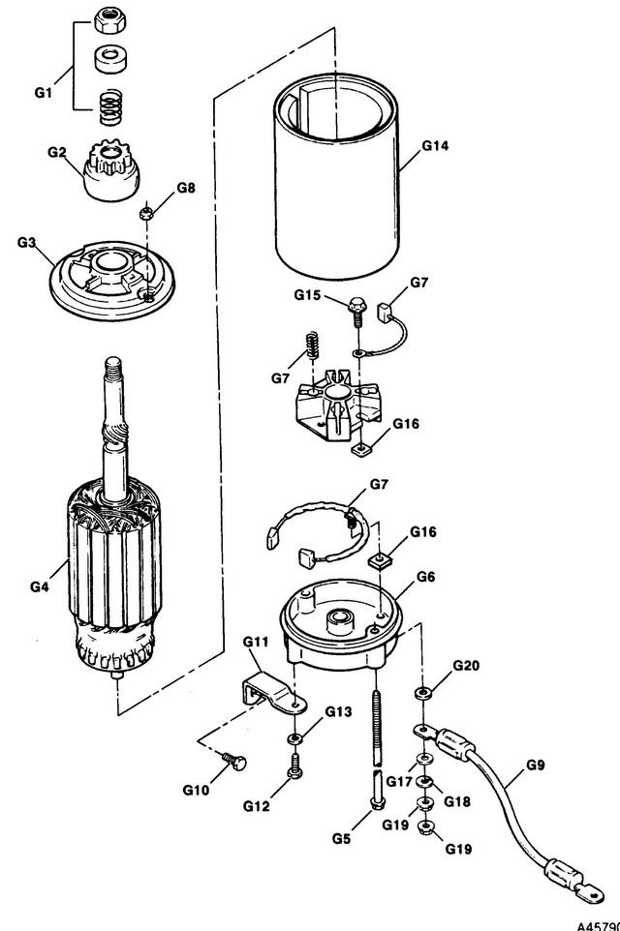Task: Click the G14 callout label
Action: point(435,145)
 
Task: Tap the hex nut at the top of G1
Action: point(110,21)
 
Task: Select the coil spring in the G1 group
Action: point(109,107)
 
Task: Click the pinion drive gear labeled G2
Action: point(111,170)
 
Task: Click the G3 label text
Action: point(27,242)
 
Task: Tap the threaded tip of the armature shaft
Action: point(112,364)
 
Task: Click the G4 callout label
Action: point(39,586)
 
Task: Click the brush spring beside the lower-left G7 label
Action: point(312,346)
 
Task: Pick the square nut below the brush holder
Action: point(361,450)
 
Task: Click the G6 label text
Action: point(425,577)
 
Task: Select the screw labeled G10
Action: point(234,762)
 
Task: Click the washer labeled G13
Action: point(294,739)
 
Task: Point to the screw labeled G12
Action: point(294,766)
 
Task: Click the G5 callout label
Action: point(341,838)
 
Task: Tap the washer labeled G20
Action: point(422,693)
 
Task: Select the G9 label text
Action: point(535,766)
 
